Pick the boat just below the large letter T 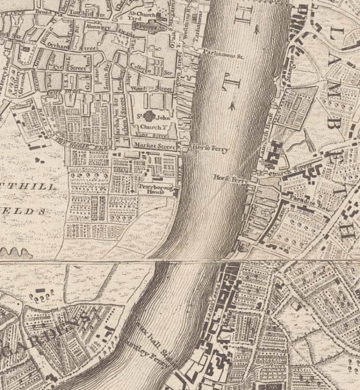click(232, 107)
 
